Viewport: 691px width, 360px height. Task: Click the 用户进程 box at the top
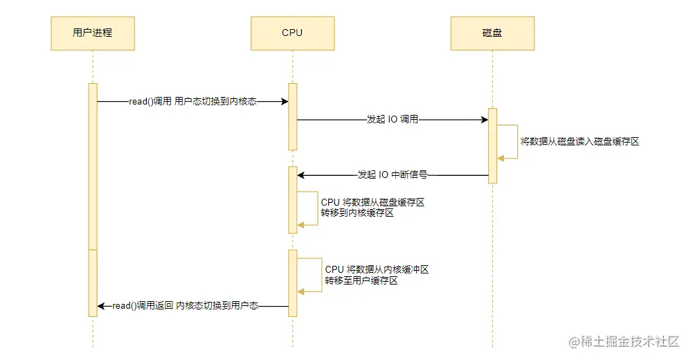(93, 33)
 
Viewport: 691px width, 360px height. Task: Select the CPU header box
(292, 33)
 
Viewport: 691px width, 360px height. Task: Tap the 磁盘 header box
(492, 33)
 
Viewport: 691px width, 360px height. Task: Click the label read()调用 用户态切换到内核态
(192, 102)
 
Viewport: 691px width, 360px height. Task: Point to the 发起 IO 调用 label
(392, 120)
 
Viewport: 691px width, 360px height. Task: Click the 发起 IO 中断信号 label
(392, 175)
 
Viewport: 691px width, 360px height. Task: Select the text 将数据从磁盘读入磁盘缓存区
(580, 141)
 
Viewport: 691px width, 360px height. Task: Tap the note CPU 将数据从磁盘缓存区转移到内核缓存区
(372, 208)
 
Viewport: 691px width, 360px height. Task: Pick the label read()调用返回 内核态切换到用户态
(185, 305)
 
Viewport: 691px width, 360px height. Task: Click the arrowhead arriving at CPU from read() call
(284, 102)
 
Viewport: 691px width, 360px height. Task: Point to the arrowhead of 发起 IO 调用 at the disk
(484, 120)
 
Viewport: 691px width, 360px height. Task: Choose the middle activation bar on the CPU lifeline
(292, 199)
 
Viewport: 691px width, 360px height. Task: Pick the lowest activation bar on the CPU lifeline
(292, 282)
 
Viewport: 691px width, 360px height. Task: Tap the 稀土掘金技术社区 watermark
(624, 342)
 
